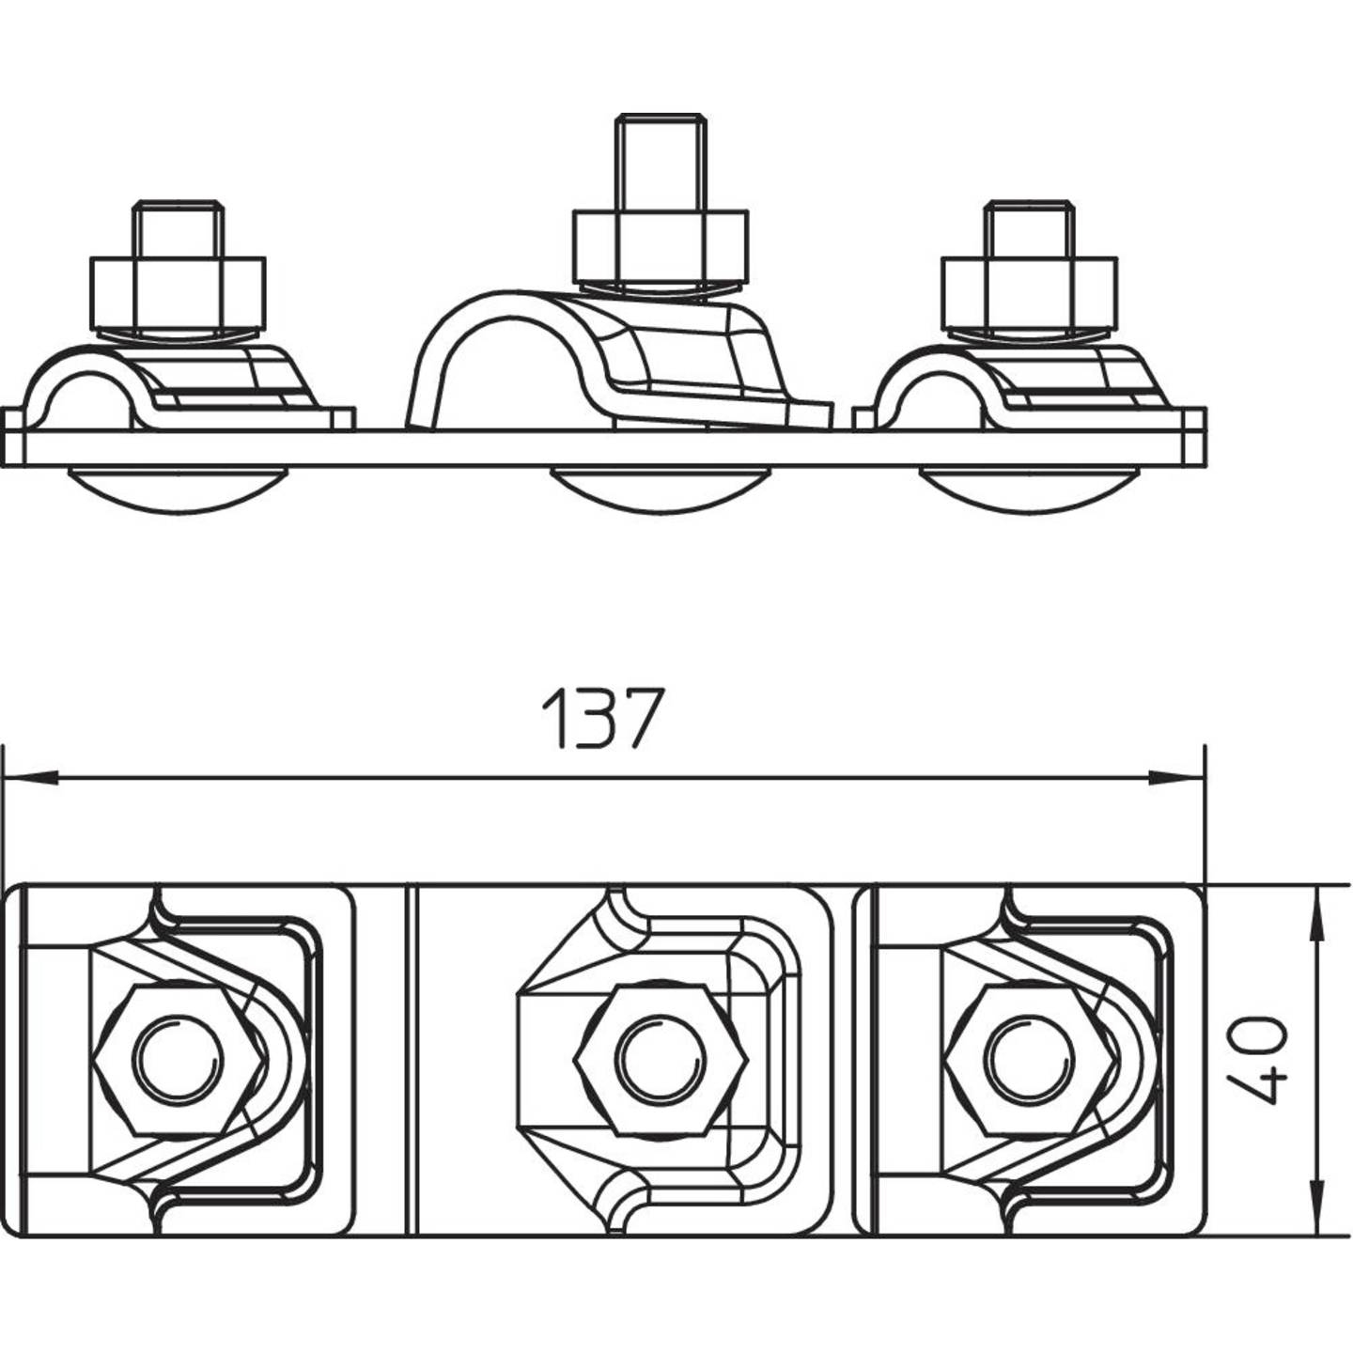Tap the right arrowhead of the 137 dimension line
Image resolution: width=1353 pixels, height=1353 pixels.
pyautogui.click(x=1178, y=778)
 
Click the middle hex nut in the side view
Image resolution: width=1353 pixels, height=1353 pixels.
pyautogui.click(x=661, y=245)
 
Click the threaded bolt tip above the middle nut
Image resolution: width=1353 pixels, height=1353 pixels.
pyautogui.click(x=661, y=160)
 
